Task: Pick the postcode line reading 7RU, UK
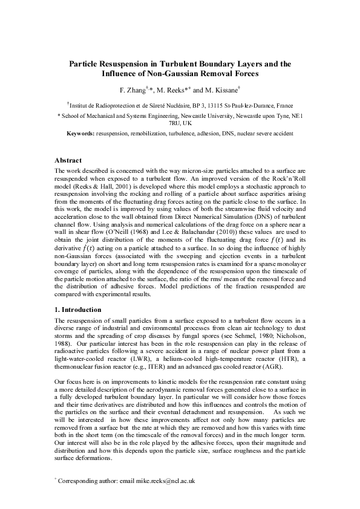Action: click(179, 123)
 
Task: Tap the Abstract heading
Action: click(68, 161)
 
